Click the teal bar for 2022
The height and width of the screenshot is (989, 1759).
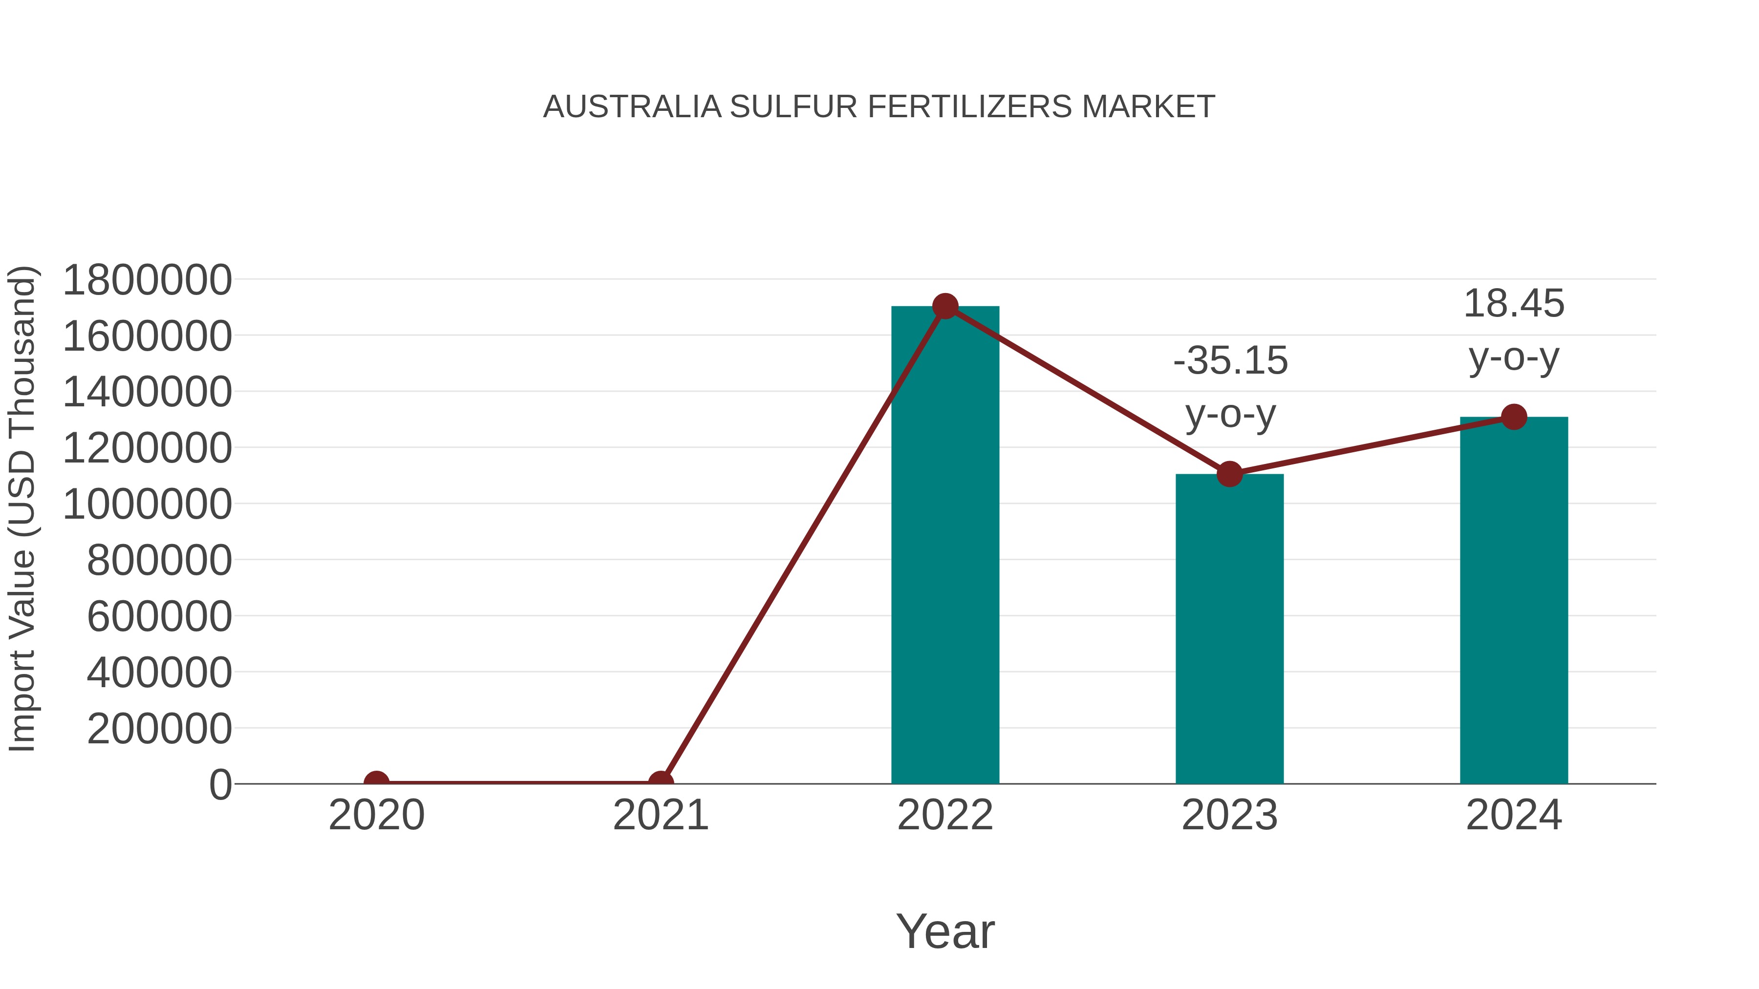[945, 546]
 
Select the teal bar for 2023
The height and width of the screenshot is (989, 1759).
[1229, 628]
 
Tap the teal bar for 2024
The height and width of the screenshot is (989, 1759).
[1514, 601]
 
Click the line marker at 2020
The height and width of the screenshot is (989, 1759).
[376, 782]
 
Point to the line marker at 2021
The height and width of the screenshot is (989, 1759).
[660, 782]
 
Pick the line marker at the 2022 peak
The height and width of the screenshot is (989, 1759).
[945, 306]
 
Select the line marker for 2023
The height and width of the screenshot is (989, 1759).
[1229, 474]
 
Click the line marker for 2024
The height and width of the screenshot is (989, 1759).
[1514, 416]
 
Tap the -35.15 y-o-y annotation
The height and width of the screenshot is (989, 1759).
[1230, 386]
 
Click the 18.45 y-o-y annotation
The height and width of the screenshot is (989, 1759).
[1514, 330]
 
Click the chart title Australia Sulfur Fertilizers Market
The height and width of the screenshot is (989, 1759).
[879, 107]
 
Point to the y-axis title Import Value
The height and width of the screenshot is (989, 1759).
[22, 508]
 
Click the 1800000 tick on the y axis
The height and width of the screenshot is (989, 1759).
[147, 280]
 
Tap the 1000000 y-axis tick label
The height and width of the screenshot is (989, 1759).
[147, 505]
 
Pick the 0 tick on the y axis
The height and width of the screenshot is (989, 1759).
[220, 784]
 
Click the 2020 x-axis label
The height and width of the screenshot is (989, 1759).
[376, 815]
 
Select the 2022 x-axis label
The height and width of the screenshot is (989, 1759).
[945, 815]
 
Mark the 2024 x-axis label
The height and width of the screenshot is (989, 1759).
[1514, 815]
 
